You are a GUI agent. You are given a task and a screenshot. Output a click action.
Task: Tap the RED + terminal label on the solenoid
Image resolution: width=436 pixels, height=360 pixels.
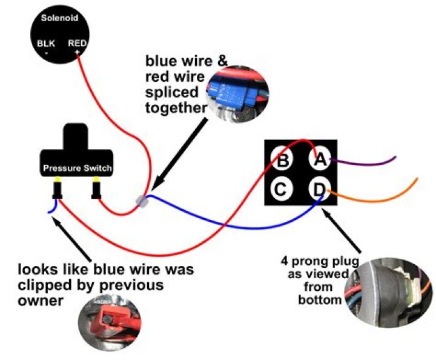coord(77,47)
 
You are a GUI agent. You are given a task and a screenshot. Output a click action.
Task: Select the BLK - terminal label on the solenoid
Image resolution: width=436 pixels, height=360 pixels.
coord(45,47)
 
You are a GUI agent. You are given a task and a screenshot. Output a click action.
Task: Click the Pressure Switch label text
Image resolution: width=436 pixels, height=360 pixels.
coord(76,167)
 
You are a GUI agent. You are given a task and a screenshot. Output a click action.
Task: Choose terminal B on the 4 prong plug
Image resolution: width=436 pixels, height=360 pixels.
coord(282,161)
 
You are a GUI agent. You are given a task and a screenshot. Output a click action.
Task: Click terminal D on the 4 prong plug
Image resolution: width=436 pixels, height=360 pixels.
coord(319,190)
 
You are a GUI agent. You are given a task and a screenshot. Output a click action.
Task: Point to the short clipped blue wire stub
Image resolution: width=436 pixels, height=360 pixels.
coord(51,208)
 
